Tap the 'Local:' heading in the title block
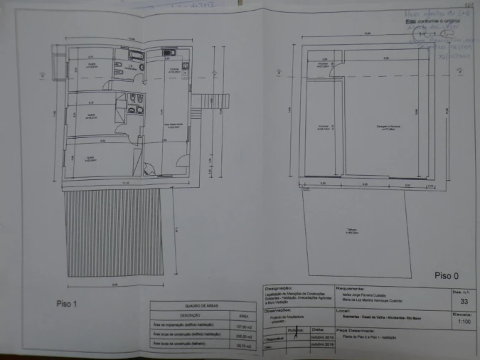343,309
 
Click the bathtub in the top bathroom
134,55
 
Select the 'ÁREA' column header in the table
242,315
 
